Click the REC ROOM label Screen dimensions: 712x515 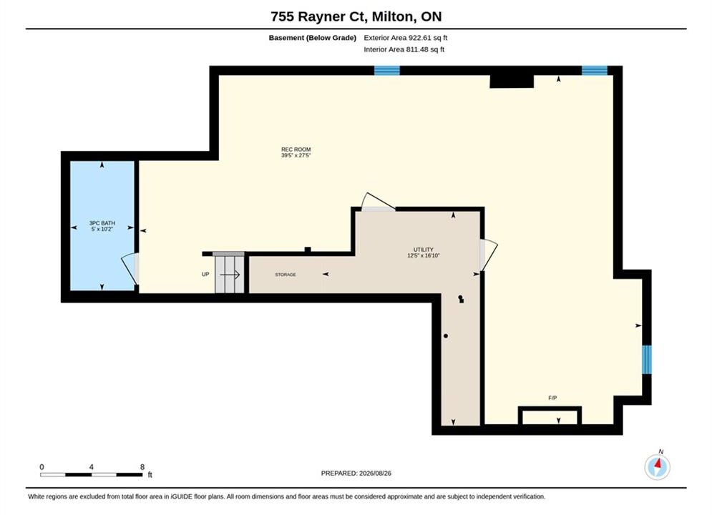click(x=296, y=149)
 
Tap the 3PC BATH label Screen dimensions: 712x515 click(x=102, y=223)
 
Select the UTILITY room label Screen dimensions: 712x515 click(x=423, y=250)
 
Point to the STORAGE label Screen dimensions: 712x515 click(x=286, y=275)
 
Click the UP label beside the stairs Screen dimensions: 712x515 click(x=205, y=275)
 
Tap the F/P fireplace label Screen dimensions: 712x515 click(x=552, y=398)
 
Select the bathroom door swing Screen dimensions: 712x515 click(x=130, y=269)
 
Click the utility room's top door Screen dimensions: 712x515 click(x=379, y=202)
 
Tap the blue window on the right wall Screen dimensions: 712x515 click(x=647, y=359)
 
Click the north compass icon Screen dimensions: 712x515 click(x=657, y=466)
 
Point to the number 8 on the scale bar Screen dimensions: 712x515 click(x=142, y=467)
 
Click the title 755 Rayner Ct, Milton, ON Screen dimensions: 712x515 click(x=356, y=16)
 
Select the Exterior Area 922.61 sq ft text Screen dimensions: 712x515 click(x=406, y=38)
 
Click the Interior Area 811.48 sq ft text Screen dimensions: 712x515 click(x=404, y=49)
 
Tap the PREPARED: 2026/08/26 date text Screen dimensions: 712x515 click(x=356, y=474)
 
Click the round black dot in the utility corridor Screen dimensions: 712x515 click(x=446, y=335)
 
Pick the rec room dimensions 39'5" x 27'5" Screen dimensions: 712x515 click(x=296, y=155)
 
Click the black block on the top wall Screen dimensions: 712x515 click(x=512, y=81)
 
